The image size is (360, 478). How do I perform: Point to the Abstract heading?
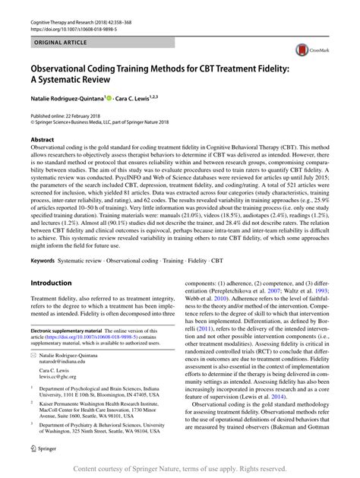click(42, 141)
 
